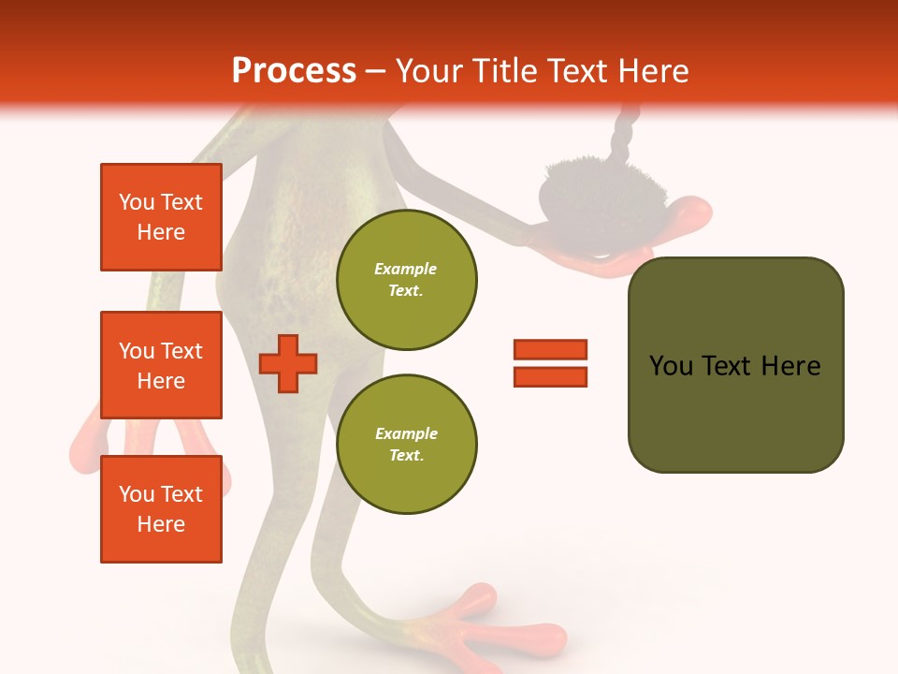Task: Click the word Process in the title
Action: click(294, 70)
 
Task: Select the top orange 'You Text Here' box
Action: click(161, 217)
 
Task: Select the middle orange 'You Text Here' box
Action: click(161, 365)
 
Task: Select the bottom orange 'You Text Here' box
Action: click(161, 509)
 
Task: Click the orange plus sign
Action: click(288, 363)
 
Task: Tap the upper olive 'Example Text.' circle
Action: click(407, 279)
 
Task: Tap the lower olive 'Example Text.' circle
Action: click(407, 444)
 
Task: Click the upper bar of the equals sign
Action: click(550, 349)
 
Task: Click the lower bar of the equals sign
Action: click(550, 376)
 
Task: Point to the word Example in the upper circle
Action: click(405, 269)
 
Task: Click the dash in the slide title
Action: click(376, 71)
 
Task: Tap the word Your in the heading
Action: click(429, 70)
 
